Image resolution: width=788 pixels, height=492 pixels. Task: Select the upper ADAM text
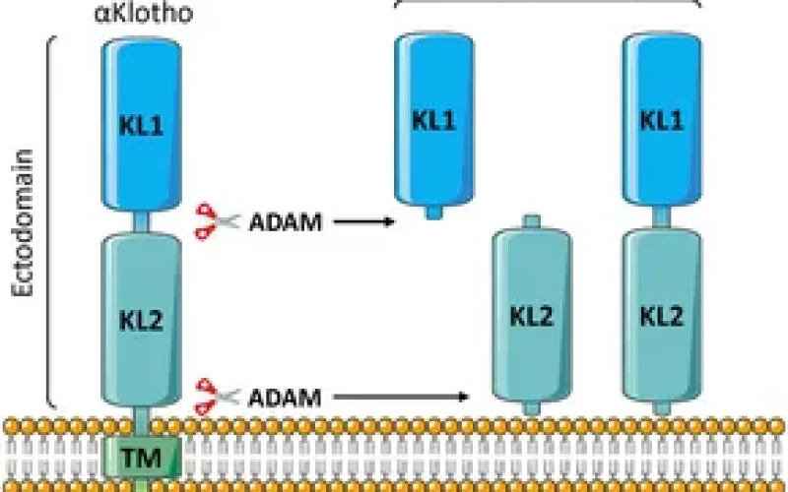[x=285, y=222]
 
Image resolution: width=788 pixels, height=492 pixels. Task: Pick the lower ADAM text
[x=285, y=398]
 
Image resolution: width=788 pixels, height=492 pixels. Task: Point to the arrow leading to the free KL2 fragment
[x=399, y=398]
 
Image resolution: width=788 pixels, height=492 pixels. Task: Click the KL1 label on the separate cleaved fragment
[x=432, y=120]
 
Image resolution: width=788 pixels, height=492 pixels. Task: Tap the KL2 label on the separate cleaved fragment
[x=532, y=316]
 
